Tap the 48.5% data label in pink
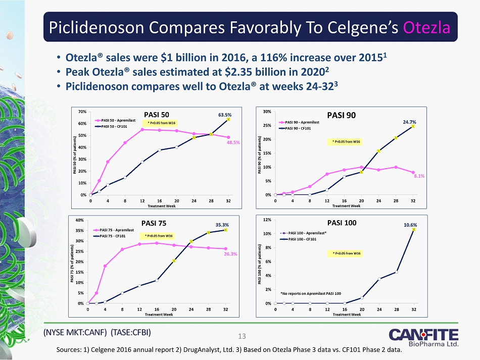(x=233, y=142)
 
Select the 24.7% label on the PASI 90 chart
(x=410, y=122)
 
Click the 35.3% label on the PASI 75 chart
(x=222, y=224)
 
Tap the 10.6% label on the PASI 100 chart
(x=411, y=224)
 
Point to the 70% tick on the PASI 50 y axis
(x=82, y=111)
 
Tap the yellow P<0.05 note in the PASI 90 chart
(x=346, y=141)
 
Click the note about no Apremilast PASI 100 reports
(x=310, y=293)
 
